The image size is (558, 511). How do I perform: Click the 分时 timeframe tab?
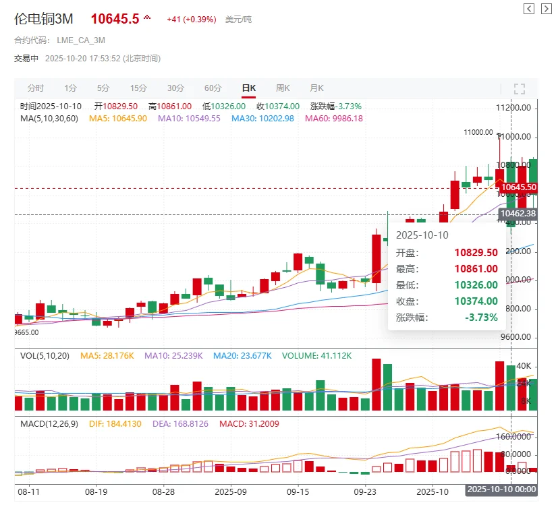(36, 88)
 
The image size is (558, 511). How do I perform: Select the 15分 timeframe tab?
(138, 88)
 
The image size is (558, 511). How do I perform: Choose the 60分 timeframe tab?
(213, 88)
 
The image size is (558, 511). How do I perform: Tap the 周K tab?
(283, 88)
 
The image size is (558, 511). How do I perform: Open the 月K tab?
(316, 88)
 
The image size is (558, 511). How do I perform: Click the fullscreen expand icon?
(520, 89)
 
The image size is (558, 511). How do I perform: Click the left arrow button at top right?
(529, 8)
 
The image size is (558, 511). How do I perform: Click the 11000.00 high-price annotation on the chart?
(478, 133)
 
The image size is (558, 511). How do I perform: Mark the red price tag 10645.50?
(518, 187)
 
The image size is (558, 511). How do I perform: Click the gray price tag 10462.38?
(518, 214)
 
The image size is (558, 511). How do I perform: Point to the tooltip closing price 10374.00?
(476, 301)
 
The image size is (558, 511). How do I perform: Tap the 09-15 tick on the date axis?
(298, 492)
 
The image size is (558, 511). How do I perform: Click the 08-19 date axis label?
(96, 492)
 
